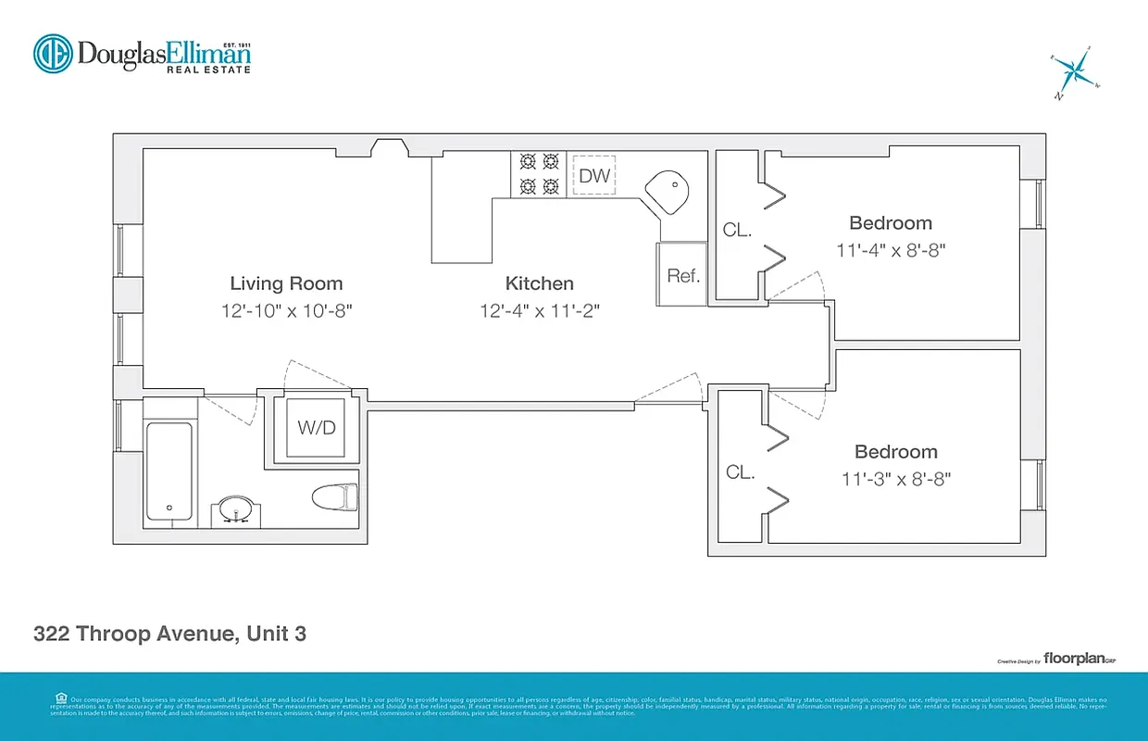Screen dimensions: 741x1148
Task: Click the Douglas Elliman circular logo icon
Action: point(53,54)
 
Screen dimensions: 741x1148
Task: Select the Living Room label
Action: point(286,283)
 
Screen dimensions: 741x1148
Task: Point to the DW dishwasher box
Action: point(594,175)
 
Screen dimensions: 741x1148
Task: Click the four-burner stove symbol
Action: point(540,173)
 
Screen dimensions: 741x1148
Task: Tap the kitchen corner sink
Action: point(668,194)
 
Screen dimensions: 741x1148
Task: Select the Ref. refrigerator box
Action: point(683,275)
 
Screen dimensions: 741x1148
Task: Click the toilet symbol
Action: point(334,497)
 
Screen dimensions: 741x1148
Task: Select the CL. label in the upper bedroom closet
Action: point(737,231)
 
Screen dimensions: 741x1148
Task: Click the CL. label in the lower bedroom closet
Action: point(740,472)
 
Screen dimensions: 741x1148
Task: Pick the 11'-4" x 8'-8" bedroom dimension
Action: point(891,250)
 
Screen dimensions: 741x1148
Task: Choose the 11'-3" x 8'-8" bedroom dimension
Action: point(895,479)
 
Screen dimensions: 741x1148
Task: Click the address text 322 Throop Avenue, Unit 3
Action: point(169,634)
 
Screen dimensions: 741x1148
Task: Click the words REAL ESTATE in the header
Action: point(208,69)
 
